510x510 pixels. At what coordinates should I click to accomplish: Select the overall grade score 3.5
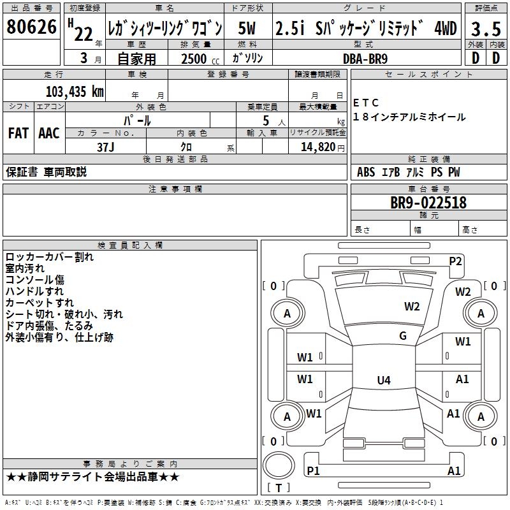[x=485, y=29]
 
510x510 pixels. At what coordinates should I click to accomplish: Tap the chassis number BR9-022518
[x=428, y=203]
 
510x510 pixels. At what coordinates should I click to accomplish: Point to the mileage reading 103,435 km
[x=75, y=91]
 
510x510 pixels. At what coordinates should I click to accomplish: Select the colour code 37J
[x=106, y=146]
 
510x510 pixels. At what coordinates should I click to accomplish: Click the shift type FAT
[x=18, y=133]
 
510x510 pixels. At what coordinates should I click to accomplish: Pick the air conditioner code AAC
[x=49, y=133]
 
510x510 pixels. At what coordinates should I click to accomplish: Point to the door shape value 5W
[x=248, y=29]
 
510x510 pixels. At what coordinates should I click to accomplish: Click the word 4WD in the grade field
[x=445, y=29]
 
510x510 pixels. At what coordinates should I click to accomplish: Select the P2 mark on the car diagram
[x=455, y=261]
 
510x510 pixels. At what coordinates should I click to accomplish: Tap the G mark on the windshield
[x=403, y=336]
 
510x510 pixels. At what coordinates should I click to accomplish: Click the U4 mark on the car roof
[x=383, y=381]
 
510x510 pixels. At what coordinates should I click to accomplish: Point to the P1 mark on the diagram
[x=313, y=470]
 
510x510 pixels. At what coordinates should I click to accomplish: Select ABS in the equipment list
[x=366, y=172]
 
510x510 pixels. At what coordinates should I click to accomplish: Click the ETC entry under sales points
[x=366, y=103]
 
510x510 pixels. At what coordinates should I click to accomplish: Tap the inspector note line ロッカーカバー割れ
[x=49, y=257]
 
